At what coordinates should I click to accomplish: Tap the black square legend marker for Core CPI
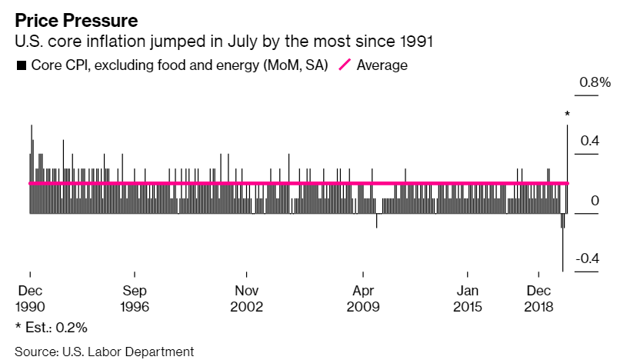(x=21, y=65)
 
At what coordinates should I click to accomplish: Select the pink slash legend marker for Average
(x=343, y=65)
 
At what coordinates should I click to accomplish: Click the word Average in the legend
(x=382, y=65)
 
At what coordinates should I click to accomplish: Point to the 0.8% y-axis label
(x=595, y=82)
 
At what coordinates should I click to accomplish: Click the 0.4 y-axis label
(x=590, y=141)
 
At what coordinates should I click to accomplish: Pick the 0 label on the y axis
(x=595, y=200)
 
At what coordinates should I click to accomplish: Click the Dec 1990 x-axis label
(x=29, y=298)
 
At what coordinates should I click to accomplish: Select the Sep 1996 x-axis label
(x=135, y=298)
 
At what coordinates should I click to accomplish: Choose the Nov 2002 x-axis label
(x=247, y=298)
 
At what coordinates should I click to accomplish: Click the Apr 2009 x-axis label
(x=363, y=298)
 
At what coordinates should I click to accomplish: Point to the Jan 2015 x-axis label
(x=467, y=298)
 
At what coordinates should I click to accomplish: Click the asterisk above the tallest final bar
(x=567, y=115)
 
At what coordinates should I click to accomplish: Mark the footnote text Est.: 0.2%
(x=51, y=327)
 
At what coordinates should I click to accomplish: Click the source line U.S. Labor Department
(x=104, y=352)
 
